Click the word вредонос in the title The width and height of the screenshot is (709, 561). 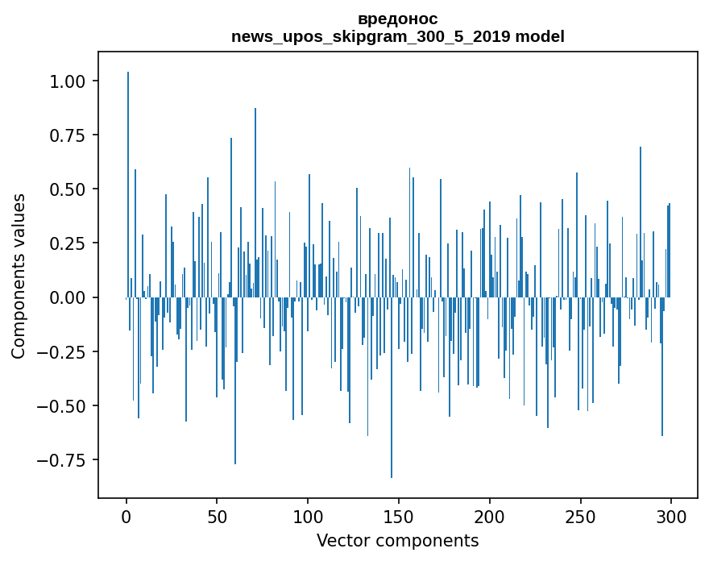[x=397, y=19]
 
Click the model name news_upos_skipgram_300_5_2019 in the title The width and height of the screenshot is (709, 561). [x=371, y=36]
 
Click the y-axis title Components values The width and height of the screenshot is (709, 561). [x=19, y=276]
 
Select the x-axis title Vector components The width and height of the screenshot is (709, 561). [x=397, y=541]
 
